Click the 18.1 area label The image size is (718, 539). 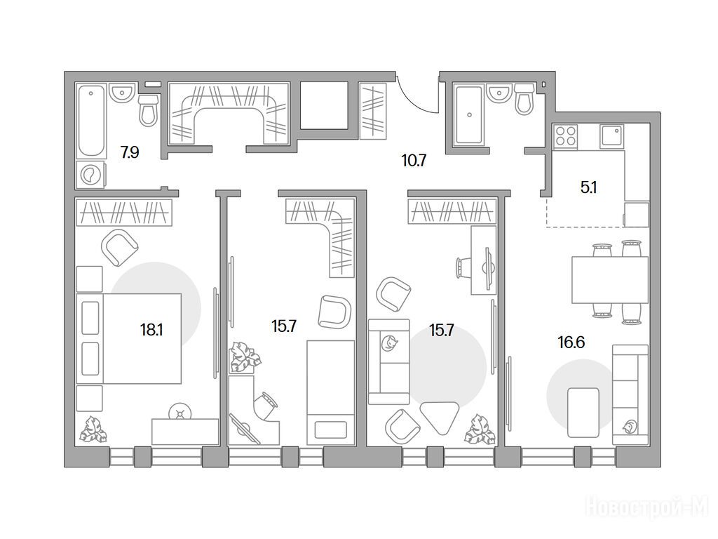[x=151, y=330]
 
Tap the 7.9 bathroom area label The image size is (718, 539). [x=130, y=152]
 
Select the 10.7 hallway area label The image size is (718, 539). [x=414, y=161]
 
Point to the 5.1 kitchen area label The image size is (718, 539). [x=588, y=187]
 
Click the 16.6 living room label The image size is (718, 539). [x=571, y=342]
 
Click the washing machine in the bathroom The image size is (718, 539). [x=90, y=174]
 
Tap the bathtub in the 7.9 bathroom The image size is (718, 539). [x=91, y=121]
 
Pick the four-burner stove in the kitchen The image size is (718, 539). [x=566, y=136]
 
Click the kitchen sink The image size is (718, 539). [x=611, y=136]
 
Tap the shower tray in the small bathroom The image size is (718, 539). [x=469, y=115]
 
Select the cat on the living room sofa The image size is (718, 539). [x=630, y=427]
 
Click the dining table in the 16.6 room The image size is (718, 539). [x=610, y=279]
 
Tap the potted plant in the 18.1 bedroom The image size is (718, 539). [x=93, y=430]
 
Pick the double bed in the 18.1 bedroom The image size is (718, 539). [x=129, y=338]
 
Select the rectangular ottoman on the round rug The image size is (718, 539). [x=583, y=413]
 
